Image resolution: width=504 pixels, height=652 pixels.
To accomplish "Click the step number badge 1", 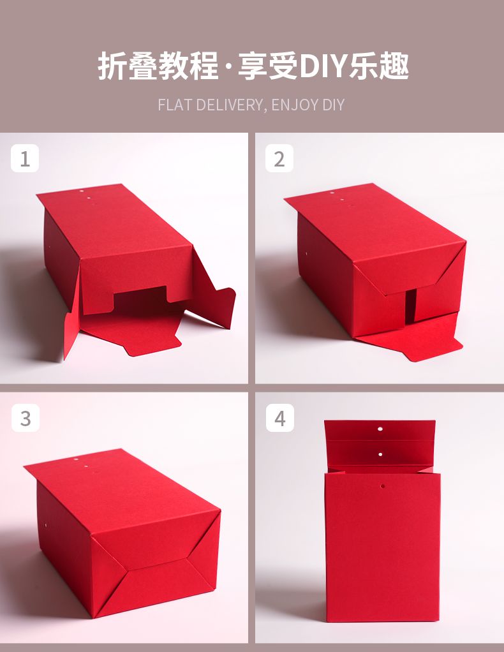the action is coord(25,158).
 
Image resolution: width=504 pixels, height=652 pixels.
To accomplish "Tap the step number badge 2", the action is coord(279,158).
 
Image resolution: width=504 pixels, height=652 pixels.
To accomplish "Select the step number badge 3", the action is coord(26,418).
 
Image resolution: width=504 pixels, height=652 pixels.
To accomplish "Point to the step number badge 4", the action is coord(280,418).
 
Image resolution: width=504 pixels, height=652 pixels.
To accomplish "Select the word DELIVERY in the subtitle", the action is coord(231,105).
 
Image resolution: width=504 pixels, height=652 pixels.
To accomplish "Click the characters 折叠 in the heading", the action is coord(128,66).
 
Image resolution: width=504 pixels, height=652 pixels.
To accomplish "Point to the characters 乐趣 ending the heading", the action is coord(379,66).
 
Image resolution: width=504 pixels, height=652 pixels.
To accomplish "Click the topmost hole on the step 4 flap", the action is coord(380,429).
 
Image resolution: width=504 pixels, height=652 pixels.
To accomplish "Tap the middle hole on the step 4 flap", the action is coord(380,454).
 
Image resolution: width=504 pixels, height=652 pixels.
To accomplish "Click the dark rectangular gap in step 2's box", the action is coord(410,305).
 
